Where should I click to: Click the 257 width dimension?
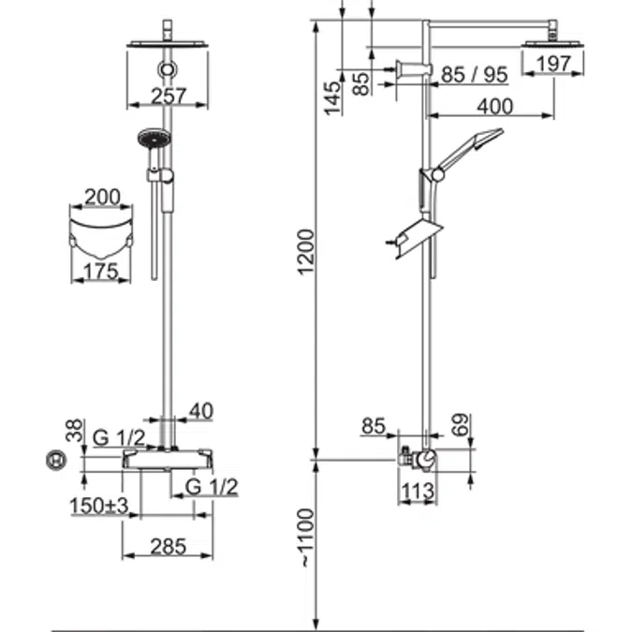click(168, 96)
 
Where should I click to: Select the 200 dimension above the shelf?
click(102, 197)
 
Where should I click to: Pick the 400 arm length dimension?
click(494, 107)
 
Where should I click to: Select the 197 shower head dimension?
click(553, 65)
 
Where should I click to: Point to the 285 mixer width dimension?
click(168, 545)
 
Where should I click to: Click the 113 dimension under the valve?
click(418, 489)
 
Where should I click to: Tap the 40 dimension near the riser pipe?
click(200, 409)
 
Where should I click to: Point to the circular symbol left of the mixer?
click(57, 461)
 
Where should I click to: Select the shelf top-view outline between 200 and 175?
click(102, 233)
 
